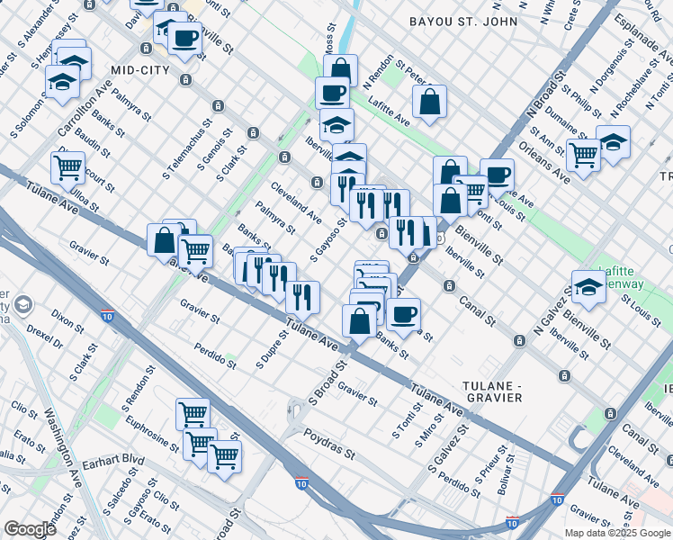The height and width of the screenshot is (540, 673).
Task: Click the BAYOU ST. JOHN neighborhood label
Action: (463, 21)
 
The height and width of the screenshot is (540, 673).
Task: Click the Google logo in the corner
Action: (31, 528)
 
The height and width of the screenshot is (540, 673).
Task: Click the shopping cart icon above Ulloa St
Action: (67, 166)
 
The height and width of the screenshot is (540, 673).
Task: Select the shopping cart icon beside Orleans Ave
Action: (583, 155)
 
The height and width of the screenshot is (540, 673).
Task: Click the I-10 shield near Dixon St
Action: (108, 316)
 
